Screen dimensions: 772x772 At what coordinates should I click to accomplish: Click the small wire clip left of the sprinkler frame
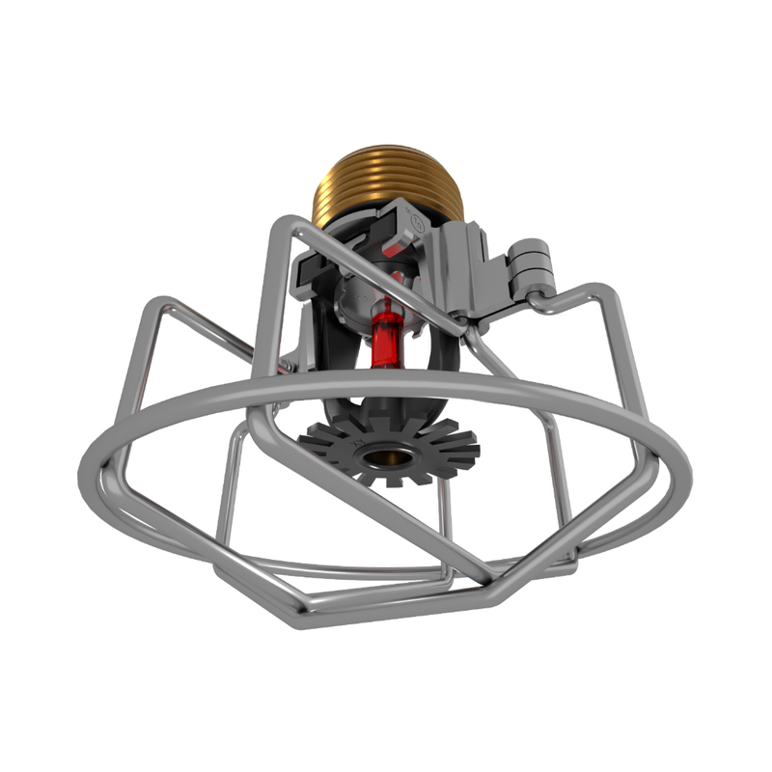pyautogui.click(x=286, y=365)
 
